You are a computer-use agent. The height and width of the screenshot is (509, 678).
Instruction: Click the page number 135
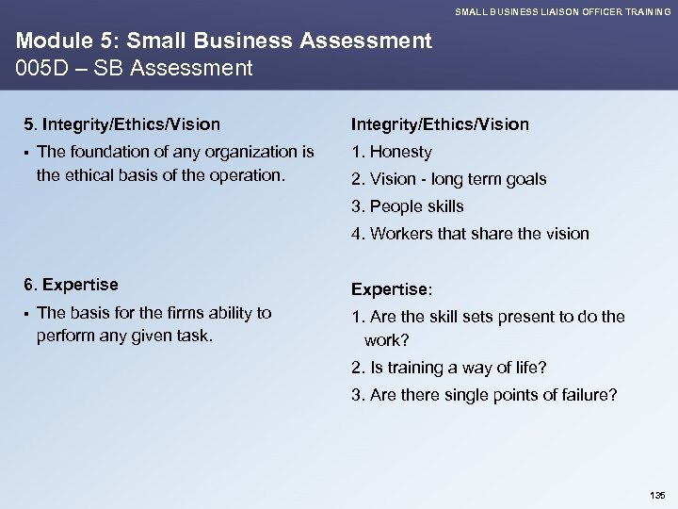click(x=656, y=493)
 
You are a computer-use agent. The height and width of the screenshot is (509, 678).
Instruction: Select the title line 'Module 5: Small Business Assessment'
click(x=223, y=41)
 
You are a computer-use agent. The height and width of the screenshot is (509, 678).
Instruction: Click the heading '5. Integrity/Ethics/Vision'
click(x=122, y=123)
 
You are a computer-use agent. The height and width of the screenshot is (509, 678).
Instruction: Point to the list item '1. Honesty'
click(x=392, y=152)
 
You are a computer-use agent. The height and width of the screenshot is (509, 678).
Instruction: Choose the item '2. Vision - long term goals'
click(x=448, y=179)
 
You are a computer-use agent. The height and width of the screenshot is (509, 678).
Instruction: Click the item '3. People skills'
click(x=408, y=206)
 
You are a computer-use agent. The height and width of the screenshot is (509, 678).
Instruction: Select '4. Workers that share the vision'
click(x=470, y=234)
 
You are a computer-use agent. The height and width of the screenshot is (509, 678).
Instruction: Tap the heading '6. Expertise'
click(x=71, y=284)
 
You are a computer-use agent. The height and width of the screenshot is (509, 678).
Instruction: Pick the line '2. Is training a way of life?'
click(x=447, y=369)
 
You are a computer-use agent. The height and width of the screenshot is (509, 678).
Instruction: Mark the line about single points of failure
click(x=484, y=395)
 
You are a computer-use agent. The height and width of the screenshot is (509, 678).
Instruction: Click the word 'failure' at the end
click(x=590, y=395)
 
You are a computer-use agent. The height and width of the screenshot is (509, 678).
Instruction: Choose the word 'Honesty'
click(x=400, y=152)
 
